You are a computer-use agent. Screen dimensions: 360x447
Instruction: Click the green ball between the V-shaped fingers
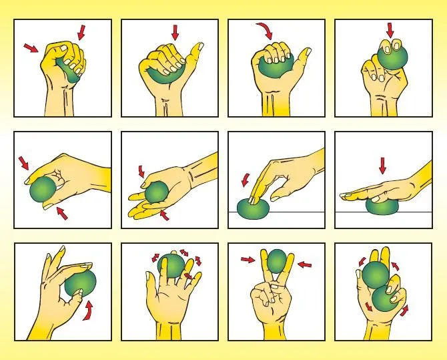[277, 260]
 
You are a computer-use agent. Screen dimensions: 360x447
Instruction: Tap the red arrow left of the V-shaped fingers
[247, 260]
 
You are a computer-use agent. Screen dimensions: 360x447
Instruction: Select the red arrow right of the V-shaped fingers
[305, 265]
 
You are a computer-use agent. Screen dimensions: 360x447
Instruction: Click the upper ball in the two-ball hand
[374, 276]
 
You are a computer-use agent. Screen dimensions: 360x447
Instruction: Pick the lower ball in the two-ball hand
[386, 299]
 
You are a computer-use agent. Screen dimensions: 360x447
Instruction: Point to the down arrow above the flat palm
[382, 164]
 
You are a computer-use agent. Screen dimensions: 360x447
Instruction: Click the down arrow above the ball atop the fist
[390, 29]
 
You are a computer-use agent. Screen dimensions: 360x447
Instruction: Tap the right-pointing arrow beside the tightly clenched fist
[31, 48]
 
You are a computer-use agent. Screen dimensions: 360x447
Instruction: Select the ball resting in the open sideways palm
[156, 193]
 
